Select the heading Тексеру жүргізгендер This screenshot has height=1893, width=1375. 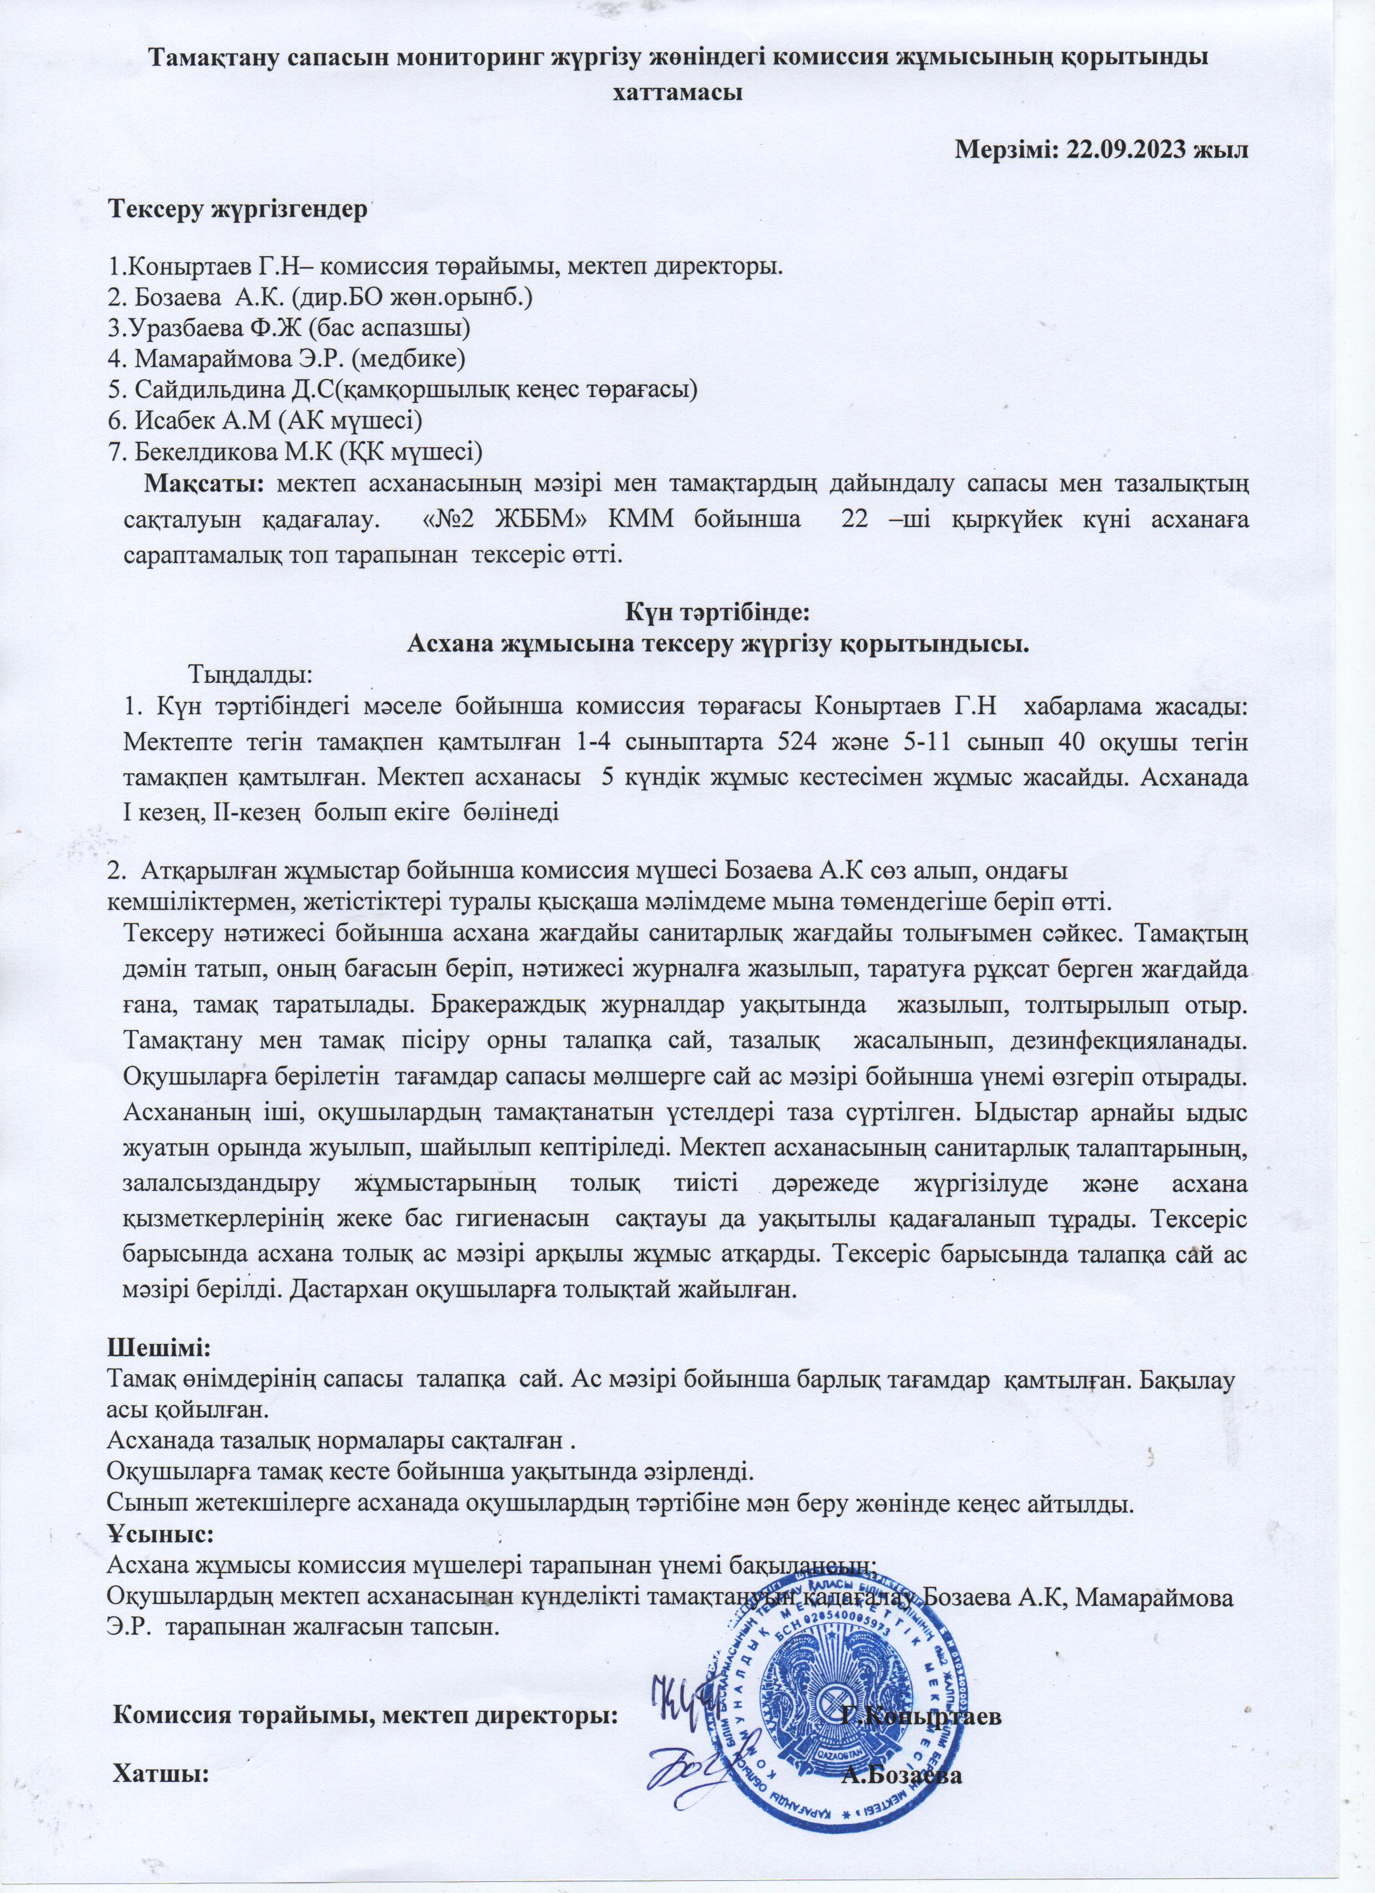[x=239, y=209]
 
